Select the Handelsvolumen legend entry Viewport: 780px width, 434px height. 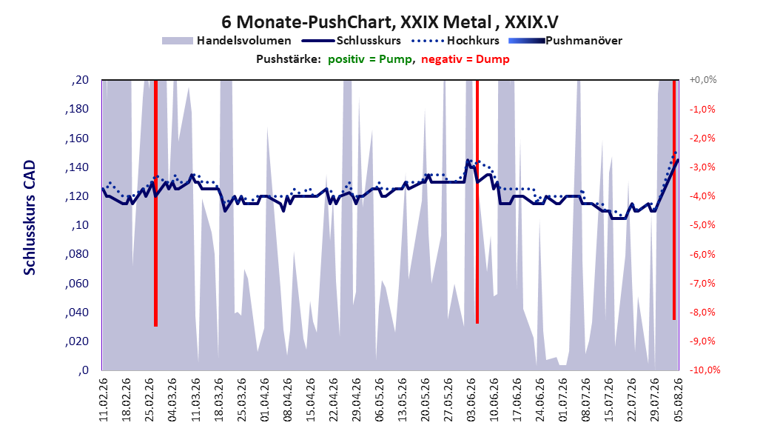point(226,41)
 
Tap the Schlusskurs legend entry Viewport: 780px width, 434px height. point(352,41)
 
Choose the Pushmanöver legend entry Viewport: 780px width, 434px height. point(565,41)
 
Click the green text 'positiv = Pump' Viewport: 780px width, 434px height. point(370,59)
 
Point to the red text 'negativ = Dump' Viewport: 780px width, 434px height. point(465,59)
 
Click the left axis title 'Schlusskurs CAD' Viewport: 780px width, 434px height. point(30,218)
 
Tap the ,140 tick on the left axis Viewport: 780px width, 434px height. point(77,167)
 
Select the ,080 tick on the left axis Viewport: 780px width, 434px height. point(77,254)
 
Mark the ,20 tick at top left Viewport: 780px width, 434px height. point(80,80)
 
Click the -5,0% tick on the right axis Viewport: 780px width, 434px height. point(702,225)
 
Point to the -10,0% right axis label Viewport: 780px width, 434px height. point(705,370)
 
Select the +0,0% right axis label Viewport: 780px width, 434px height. point(702,80)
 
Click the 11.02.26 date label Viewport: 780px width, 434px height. point(104,400)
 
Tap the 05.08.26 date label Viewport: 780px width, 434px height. point(678,400)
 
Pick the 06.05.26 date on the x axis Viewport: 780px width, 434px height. point(379,400)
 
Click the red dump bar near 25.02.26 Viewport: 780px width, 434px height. point(155,203)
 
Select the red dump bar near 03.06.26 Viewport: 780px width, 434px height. point(477,201)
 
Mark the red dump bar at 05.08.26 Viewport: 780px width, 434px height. point(674,200)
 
